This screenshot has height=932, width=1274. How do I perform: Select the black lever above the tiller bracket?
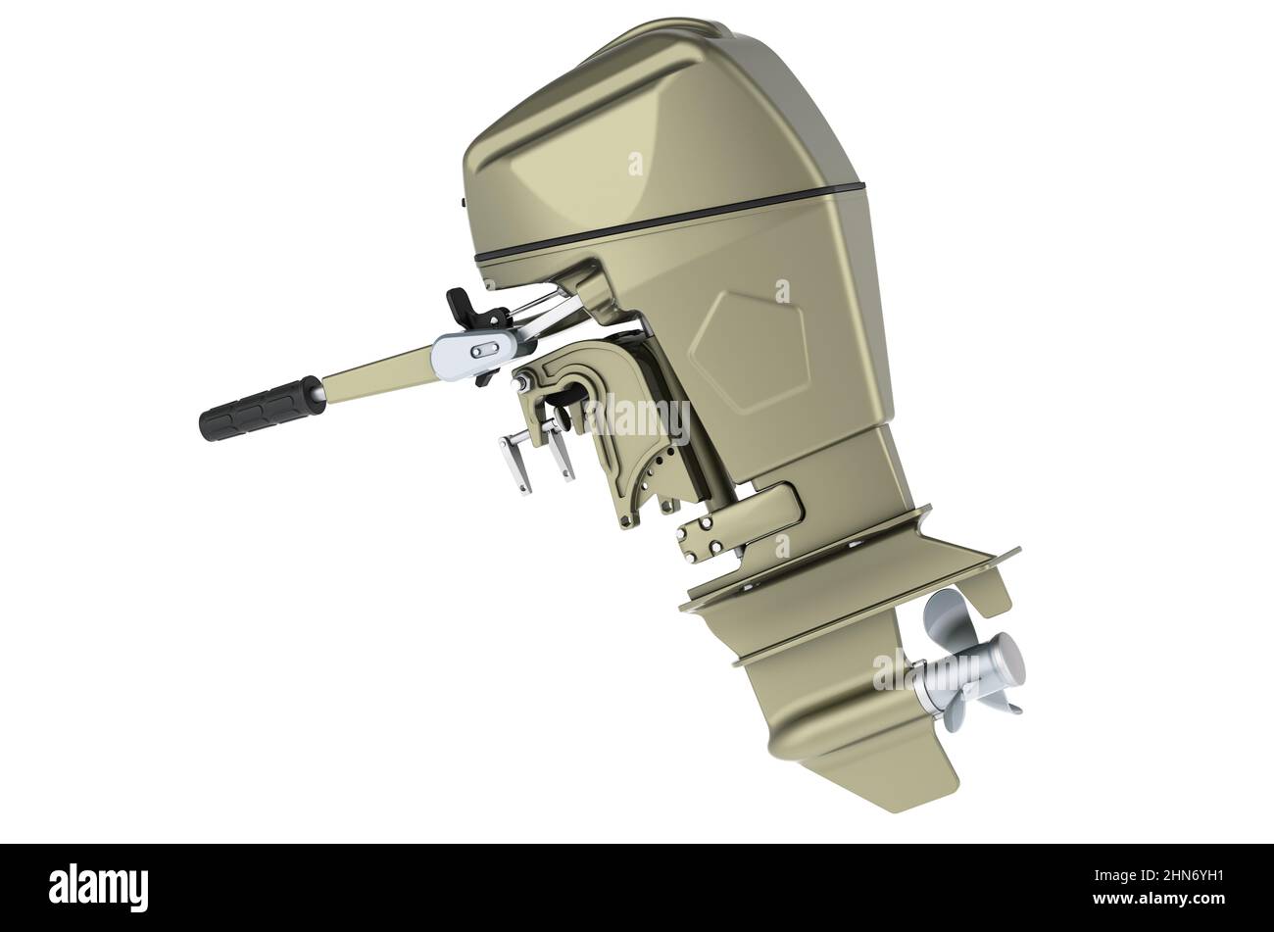465,308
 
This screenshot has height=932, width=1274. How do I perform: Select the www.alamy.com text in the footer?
1155,901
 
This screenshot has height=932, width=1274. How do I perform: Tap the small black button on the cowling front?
462,204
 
